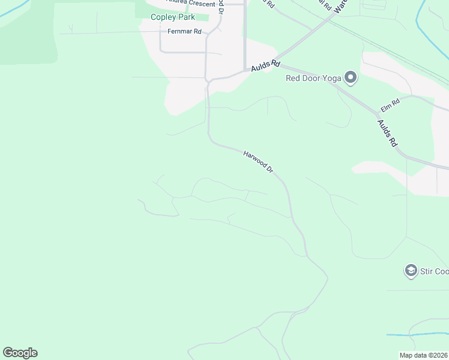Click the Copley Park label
[x=172, y=17]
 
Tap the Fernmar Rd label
[x=185, y=32]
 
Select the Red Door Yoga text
[x=313, y=77]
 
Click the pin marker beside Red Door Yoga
[x=350, y=77]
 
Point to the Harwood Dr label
[x=259, y=162]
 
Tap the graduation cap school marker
[x=411, y=271]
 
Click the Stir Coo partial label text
[x=434, y=271]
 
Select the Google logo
[x=20, y=353]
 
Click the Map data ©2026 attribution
[x=424, y=355]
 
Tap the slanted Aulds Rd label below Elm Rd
[x=387, y=133]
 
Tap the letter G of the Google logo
[x=8, y=353]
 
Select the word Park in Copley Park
[x=185, y=17]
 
